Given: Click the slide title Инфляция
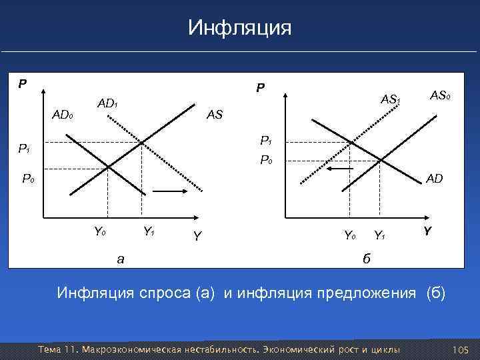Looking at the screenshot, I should (x=240, y=28).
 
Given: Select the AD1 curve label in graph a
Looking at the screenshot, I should (x=107, y=104).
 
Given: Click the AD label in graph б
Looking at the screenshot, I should (x=435, y=179).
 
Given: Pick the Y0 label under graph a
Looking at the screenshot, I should (x=100, y=232).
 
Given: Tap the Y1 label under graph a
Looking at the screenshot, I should (x=149, y=232).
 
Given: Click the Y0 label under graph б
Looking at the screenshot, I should (x=349, y=235).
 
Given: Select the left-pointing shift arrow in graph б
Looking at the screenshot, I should (x=339, y=171).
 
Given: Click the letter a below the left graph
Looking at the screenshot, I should (x=120, y=259).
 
